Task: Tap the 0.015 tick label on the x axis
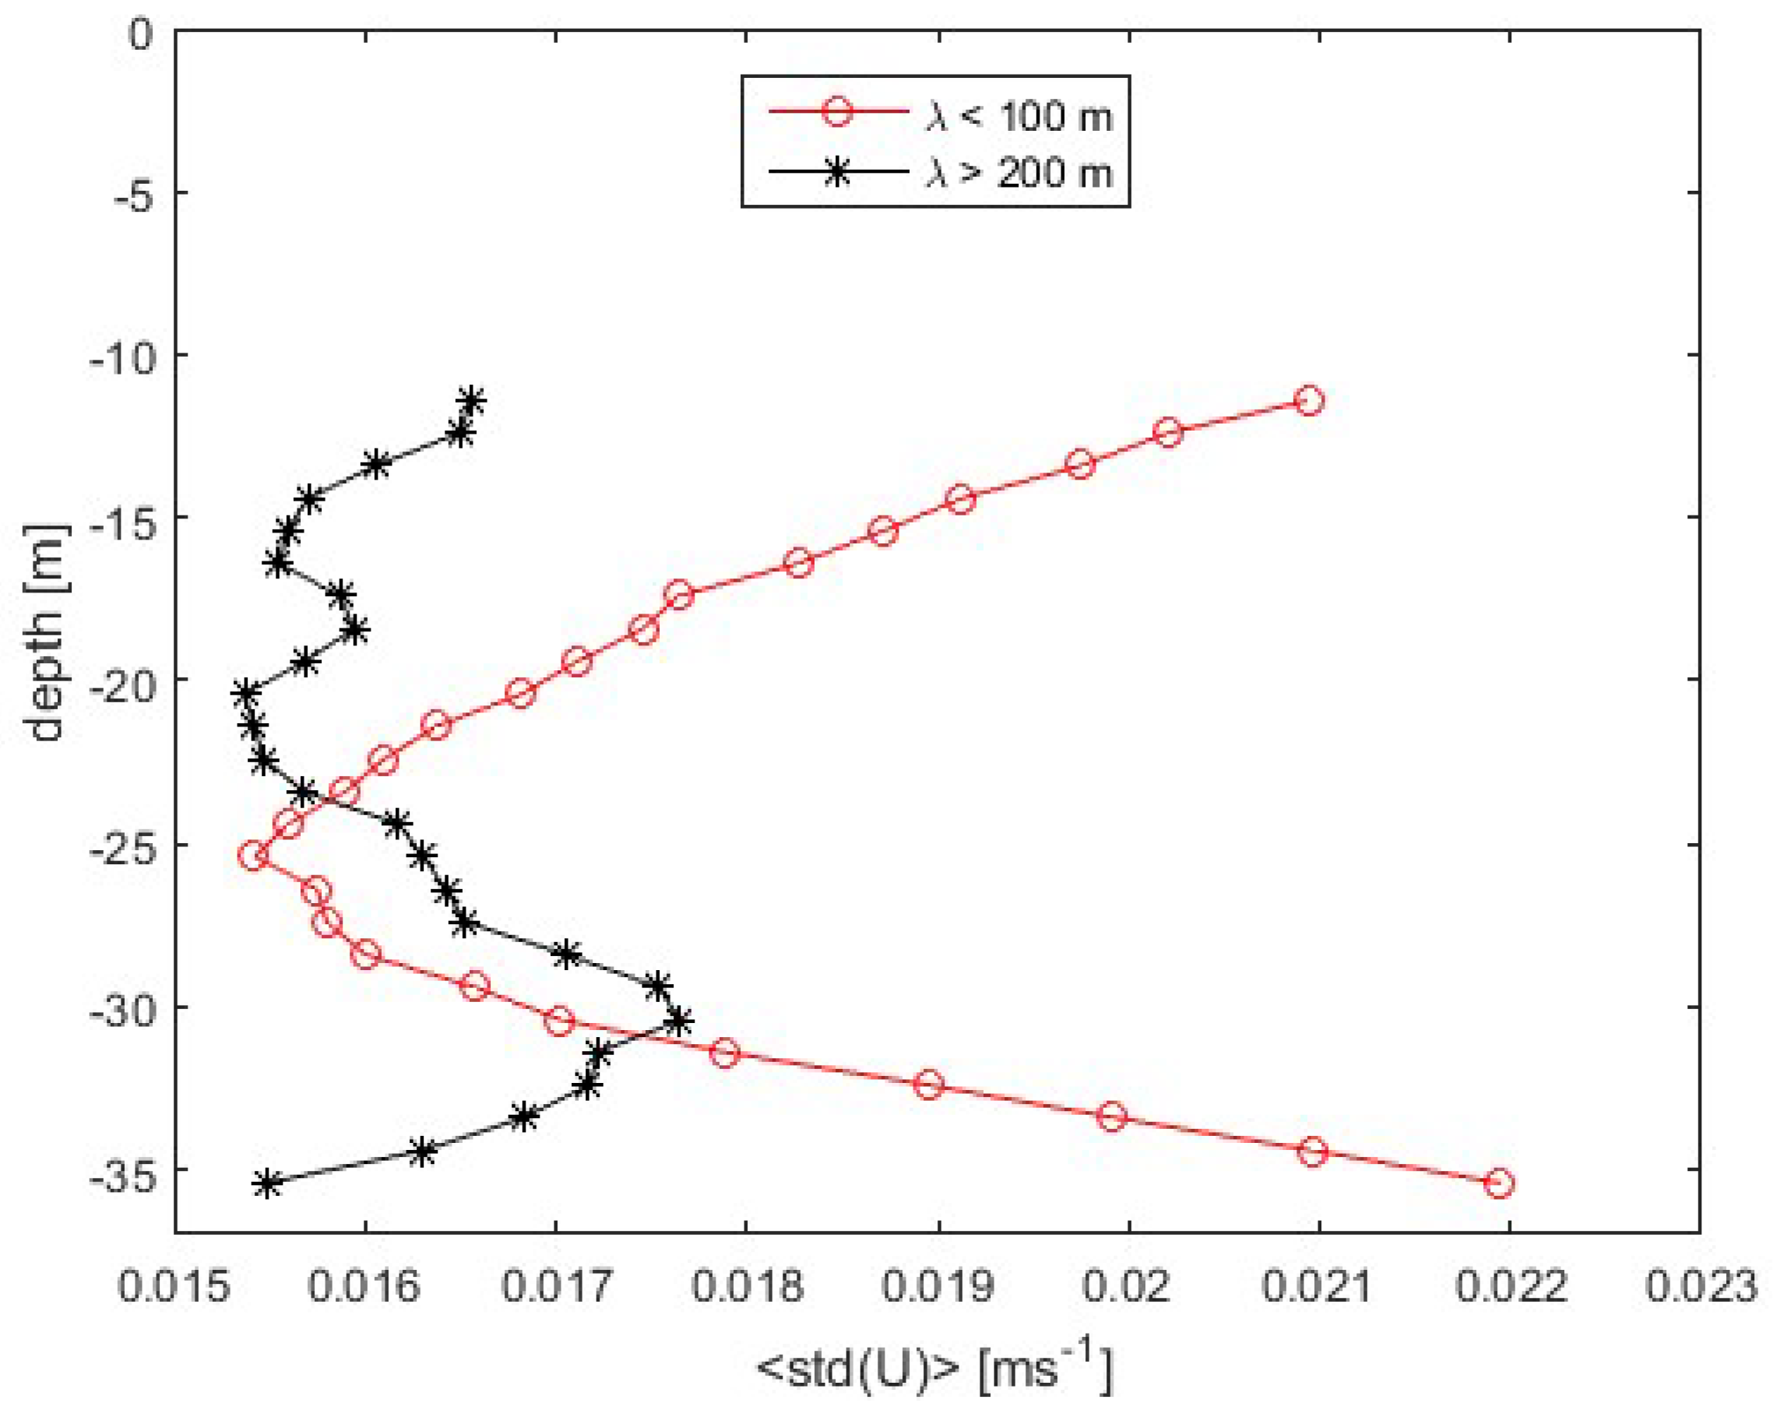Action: (174, 1288)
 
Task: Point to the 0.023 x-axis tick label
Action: (1701, 1288)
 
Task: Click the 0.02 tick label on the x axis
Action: (1128, 1288)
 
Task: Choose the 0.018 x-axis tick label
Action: (746, 1288)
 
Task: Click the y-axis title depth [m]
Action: (45, 633)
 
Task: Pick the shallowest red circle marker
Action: (1309, 401)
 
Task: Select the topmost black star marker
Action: (472, 401)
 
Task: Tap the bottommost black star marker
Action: (267, 1183)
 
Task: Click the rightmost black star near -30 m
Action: (679, 1021)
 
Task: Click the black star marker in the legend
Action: (836, 172)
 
